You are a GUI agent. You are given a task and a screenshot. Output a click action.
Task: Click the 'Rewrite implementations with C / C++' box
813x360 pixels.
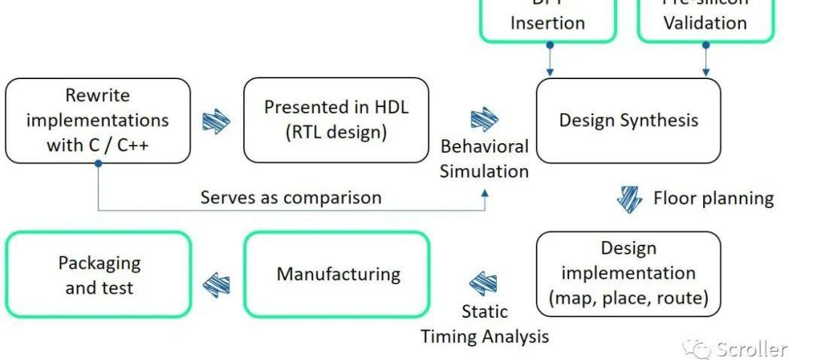(98, 121)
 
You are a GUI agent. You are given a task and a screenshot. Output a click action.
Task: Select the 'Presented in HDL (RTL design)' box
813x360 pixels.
(336, 120)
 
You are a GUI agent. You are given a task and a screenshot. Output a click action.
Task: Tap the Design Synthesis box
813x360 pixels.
(628, 121)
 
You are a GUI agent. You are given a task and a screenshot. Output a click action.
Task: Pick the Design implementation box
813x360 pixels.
(628, 273)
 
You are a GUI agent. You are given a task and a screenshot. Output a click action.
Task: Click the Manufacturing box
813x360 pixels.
(337, 273)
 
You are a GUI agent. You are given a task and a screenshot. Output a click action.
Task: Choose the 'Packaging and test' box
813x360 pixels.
(99, 275)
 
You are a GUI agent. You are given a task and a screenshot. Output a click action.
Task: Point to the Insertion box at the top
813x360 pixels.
(547, 19)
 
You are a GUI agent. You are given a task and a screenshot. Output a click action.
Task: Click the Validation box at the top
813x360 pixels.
(705, 19)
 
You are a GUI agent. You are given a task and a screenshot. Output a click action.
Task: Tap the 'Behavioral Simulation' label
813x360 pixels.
(484, 158)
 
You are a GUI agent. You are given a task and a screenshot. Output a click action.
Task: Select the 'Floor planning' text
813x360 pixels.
(713, 198)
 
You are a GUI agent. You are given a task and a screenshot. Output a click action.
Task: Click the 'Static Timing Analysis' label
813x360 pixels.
(484, 324)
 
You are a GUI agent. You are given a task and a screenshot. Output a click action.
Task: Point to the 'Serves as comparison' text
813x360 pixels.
(291, 197)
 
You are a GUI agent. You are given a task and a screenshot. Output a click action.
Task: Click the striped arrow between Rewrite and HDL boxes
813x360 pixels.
(217, 121)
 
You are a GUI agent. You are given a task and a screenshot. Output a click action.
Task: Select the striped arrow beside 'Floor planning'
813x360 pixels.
(629, 198)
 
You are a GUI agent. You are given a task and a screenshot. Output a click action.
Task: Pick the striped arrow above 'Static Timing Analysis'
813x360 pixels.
(483, 283)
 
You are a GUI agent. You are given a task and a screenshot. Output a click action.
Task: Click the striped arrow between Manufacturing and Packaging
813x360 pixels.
(218, 283)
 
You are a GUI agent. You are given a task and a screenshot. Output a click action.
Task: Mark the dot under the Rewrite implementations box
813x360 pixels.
(99, 163)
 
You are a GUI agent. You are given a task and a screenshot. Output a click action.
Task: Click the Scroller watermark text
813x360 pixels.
(751, 349)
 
